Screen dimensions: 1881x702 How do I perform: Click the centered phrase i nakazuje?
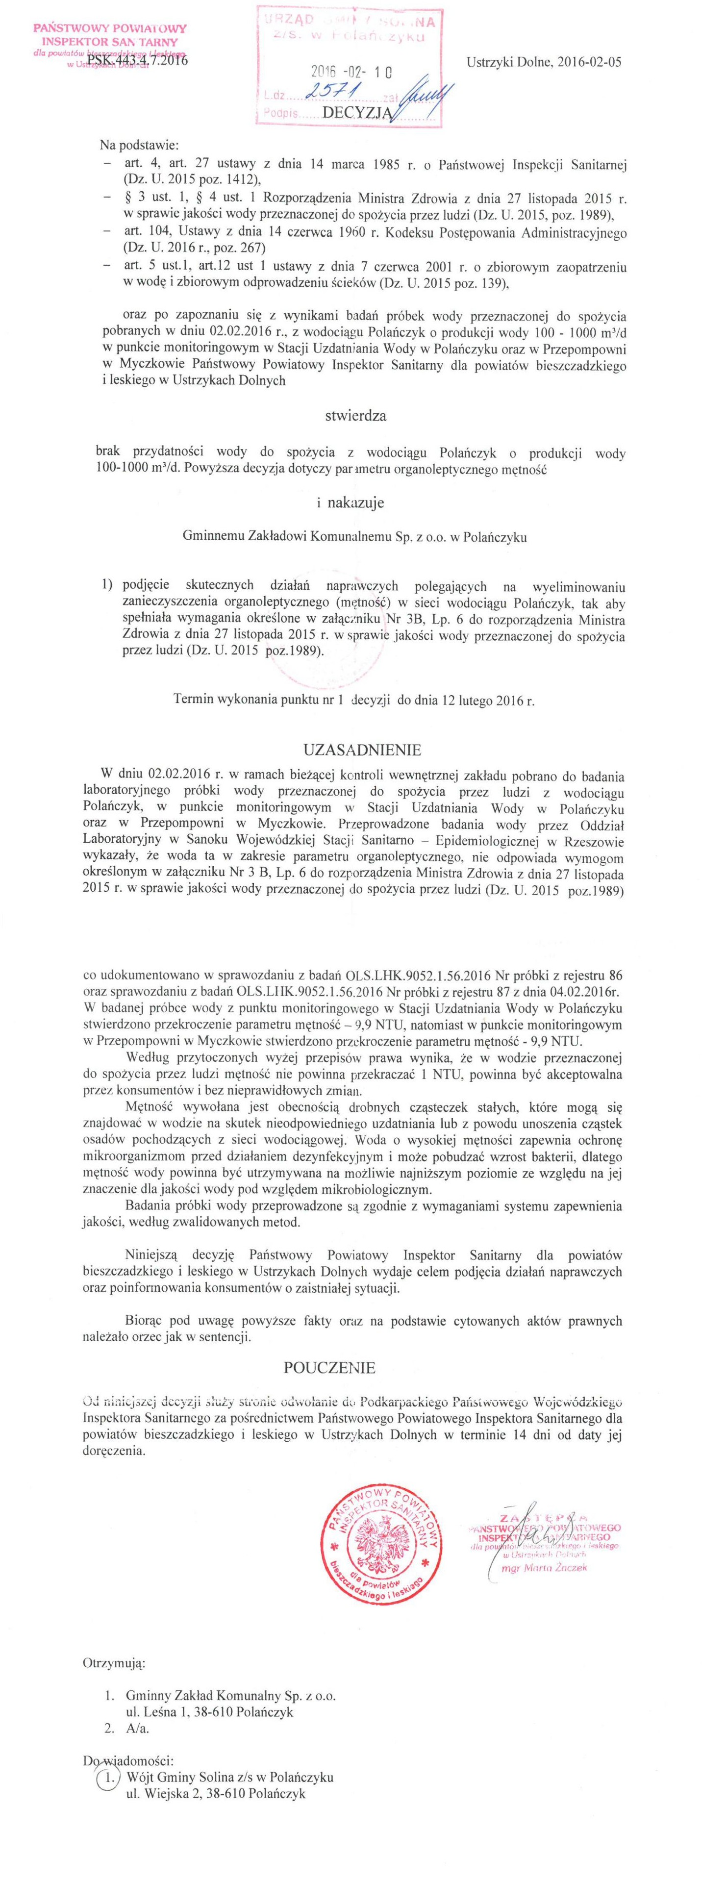click(350, 503)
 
